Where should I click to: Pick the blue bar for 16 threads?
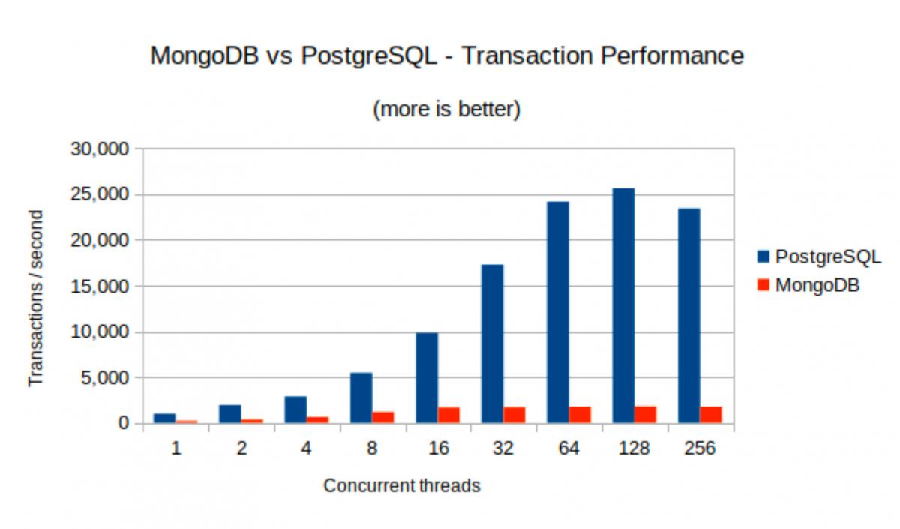pos(427,378)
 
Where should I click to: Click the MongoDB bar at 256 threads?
pos(711,415)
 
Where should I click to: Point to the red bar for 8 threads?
pos(383,417)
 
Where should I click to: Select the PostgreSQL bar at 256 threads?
pos(688,316)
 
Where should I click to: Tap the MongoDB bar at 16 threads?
pos(448,415)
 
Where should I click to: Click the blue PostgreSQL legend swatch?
pos(763,257)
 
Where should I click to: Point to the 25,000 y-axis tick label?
pos(100,194)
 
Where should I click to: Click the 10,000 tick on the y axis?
pos(100,332)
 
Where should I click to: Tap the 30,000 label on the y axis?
pos(100,149)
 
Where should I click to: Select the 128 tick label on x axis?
pos(634,449)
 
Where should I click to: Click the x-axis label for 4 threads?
pos(307,449)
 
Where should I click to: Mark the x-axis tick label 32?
pos(503,449)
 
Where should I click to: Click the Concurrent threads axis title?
pos(401,486)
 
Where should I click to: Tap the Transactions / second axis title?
pos(35,298)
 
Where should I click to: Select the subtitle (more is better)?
pos(446,110)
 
